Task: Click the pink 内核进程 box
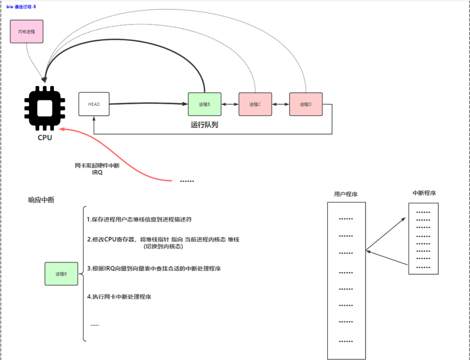pos(27,31)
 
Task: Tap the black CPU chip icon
pos(45,108)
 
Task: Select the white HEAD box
pos(94,104)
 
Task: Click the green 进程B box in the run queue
pos(204,104)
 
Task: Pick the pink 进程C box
pos(255,104)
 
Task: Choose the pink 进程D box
pos(306,104)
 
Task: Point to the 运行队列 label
pos(204,125)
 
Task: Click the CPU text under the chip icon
pos(45,138)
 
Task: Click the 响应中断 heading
pos(41,200)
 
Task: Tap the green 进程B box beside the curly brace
pos(61,274)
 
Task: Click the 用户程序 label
pos(346,194)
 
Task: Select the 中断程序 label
pos(424,193)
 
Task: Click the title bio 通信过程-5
pos(21,7)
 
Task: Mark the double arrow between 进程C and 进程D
pos(280,104)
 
